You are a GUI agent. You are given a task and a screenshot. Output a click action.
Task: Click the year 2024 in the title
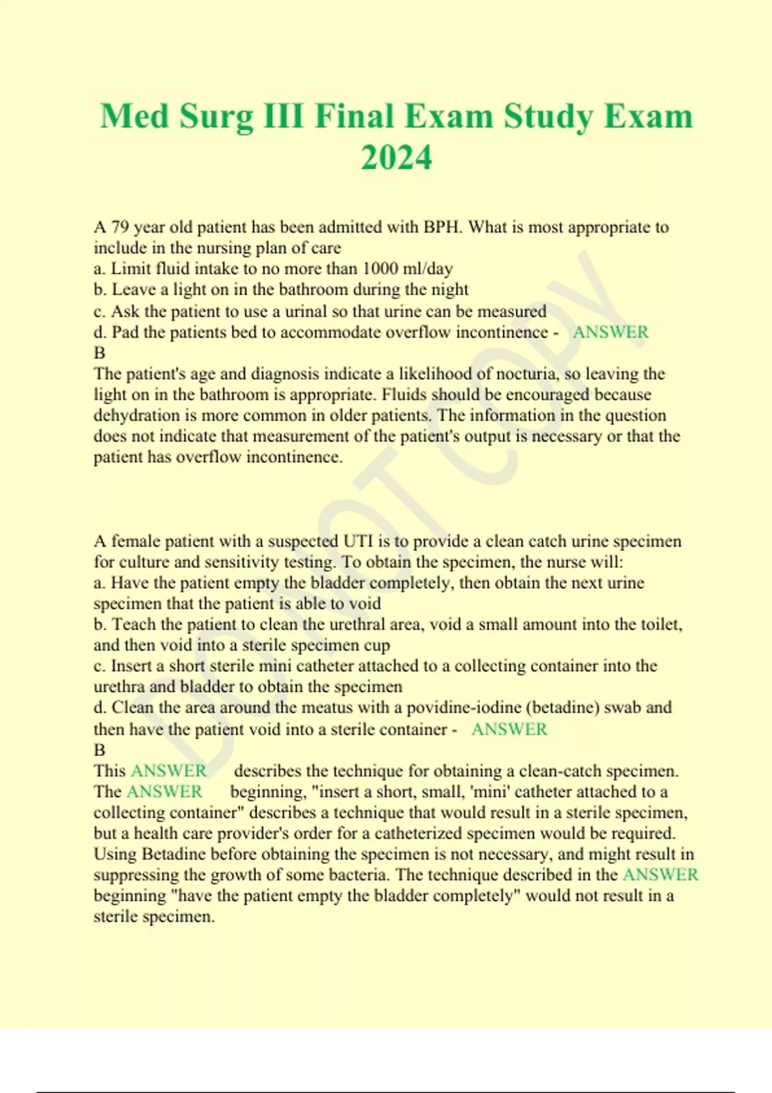pyautogui.click(x=396, y=158)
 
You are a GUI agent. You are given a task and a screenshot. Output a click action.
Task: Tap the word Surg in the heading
pyautogui.click(x=216, y=117)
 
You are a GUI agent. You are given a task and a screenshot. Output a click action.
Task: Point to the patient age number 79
pyautogui.click(x=120, y=227)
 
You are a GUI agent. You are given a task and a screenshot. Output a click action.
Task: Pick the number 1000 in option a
pyautogui.click(x=380, y=269)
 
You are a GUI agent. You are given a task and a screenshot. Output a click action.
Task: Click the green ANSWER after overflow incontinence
pyautogui.click(x=611, y=332)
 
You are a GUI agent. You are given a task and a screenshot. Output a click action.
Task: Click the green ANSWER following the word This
pyautogui.click(x=169, y=770)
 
